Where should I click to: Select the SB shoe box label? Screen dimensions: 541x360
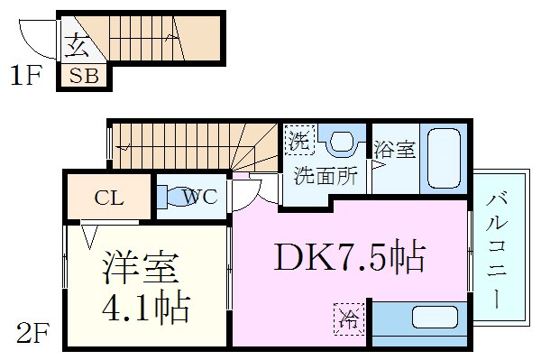(x=85, y=77)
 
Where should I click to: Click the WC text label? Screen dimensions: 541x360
(x=200, y=198)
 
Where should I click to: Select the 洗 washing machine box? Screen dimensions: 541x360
(x=298, y=141)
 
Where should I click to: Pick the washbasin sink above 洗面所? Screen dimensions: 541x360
(x=341, y=142)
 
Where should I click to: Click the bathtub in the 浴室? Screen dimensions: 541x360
(x=442, y=158)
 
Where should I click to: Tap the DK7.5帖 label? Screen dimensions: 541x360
(x=349, y=260)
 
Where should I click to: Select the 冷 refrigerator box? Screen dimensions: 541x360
(x=347, y=317)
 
